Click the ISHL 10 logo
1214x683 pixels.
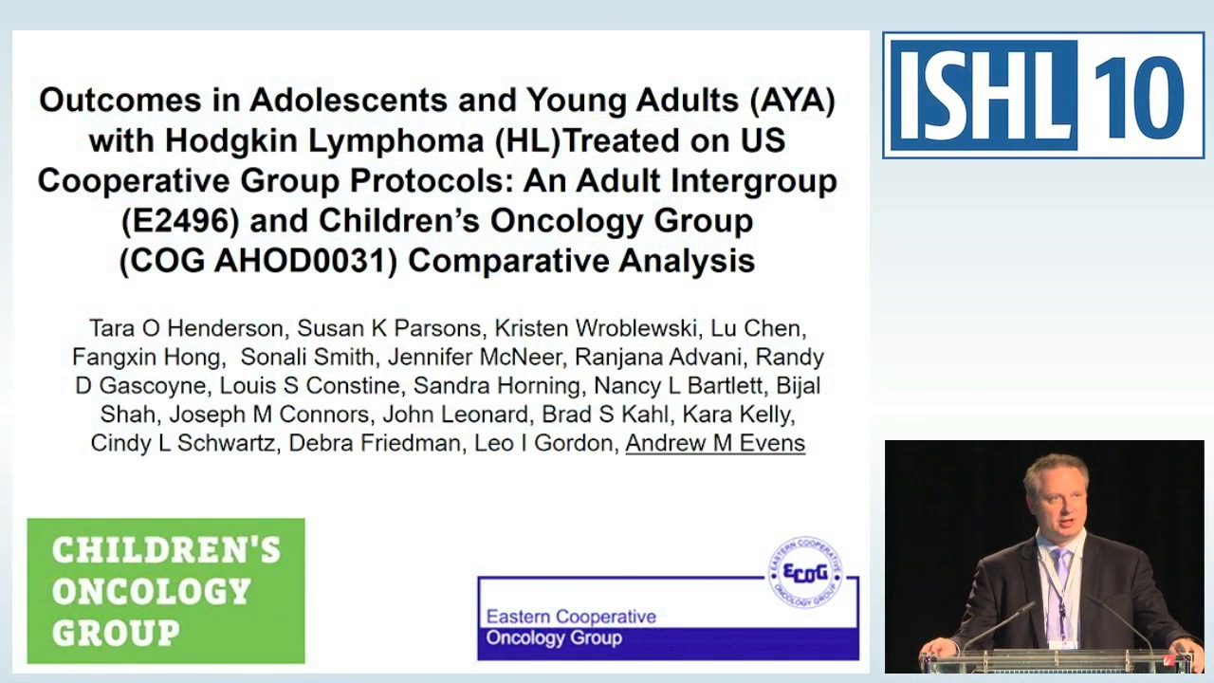click(x=1043, y=95)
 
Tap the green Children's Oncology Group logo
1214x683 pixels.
click(x=166, y=590)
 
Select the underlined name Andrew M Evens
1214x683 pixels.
click(x=715, y=443)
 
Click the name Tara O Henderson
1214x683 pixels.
click(x=186, y=328)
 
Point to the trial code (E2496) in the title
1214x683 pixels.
click(x=179, y=221)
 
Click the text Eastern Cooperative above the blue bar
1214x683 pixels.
click(x=571, y=617)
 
